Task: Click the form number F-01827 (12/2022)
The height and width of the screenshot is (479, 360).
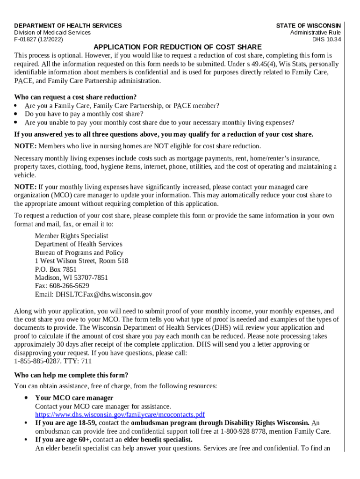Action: point(37,40)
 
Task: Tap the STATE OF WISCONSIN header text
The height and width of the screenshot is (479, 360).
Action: point(308,26)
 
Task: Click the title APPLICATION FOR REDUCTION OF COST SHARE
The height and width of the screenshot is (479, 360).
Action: point(178,47)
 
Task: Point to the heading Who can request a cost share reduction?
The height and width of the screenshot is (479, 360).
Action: point(69,97)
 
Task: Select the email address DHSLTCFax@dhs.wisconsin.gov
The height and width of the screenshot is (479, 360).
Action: point(104,295)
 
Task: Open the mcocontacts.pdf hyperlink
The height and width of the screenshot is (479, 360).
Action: point(120,414)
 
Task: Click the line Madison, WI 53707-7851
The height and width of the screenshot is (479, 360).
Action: point(71,277)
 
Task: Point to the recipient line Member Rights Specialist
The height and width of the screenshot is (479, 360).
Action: point(72,236)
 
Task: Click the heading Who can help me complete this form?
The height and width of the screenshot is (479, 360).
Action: point(71,375)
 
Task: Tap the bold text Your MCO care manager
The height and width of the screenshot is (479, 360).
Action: point(74,398)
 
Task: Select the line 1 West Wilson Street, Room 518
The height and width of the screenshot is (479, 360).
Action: point(81,261)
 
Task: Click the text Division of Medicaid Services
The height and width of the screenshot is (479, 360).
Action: point(52,33)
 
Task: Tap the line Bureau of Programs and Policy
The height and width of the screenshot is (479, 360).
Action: point(79,253)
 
